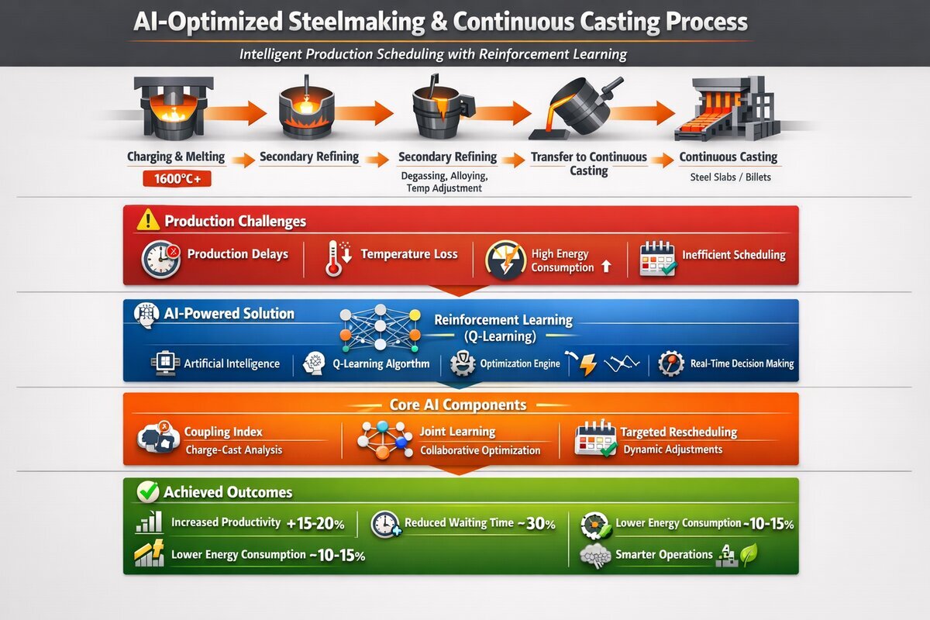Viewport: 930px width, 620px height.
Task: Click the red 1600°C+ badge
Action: (177, 178)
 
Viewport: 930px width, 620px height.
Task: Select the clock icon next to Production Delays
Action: (160, 259)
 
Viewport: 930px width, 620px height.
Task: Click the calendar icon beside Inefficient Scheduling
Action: (658, 259)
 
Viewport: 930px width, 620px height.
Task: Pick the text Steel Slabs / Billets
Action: (730, 177)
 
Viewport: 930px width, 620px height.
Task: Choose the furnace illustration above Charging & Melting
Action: (174, 108)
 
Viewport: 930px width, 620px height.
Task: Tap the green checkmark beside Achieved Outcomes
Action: (148, 492)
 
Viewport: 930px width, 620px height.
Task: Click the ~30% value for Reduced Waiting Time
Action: (536, 524)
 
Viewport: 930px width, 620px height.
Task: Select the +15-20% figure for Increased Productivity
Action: (315, 524)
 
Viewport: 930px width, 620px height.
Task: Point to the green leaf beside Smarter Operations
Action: (749, 554)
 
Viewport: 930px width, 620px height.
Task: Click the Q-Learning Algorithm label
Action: (381, 363)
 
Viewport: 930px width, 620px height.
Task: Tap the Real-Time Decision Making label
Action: (742, 363)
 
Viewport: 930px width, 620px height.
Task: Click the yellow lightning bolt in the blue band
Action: (588, 364)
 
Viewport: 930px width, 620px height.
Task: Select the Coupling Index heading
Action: (223, 432)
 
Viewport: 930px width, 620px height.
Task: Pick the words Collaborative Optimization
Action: (480, 450)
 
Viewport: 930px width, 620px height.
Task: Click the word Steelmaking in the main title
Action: (357, 22)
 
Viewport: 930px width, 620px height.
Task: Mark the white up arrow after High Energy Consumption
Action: (606, 266)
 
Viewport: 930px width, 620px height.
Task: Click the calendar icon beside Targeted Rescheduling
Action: (596, 438)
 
